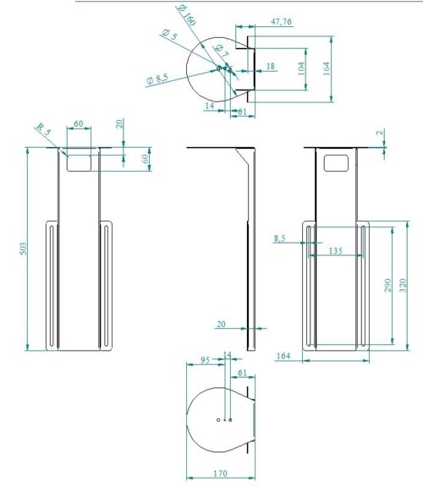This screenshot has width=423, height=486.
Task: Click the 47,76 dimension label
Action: click(281, 22)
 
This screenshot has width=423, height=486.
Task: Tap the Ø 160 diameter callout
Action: click(186, 15)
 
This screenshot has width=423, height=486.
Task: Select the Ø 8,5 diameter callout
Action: click(157, 79)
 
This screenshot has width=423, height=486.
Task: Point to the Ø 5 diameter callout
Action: click(169, 35)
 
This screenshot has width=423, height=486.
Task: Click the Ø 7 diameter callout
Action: click(222, 52)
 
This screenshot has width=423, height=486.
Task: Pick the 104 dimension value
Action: click(301, 68)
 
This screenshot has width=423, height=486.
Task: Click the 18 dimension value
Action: click(271, 66)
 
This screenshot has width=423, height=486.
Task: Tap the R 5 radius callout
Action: click(43, 129)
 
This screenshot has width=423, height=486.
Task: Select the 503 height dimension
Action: click(24, 248)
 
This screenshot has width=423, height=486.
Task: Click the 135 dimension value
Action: click(336, 250)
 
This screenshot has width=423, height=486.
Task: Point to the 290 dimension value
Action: click(388, 285)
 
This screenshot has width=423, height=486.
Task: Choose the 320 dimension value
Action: click(403, 285)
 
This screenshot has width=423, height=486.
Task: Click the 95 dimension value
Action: click(205, 360)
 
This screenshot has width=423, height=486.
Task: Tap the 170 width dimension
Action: click(220, 473)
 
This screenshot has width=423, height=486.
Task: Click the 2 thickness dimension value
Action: click(379, 133)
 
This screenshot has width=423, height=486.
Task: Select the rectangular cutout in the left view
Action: click(79, 163)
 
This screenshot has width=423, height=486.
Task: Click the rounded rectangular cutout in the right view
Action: click(336, 163)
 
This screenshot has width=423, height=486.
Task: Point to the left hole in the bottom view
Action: click(218, 420)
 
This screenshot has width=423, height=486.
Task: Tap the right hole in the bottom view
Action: click(230, 420)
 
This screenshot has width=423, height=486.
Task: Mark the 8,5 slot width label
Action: click(279, 238)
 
